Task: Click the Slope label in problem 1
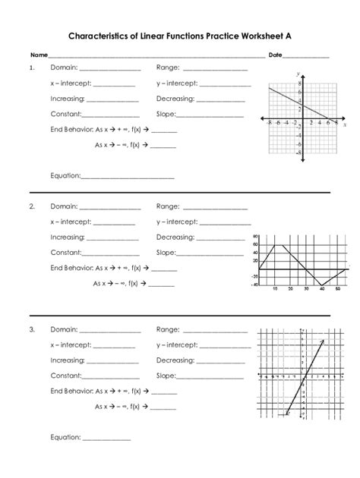click(166, 115)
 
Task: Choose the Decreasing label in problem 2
click(176, 237)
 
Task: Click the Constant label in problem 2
click(66, 252)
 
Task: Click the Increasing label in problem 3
click(68, 360)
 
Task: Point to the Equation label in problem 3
click(65, 437)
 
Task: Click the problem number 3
click(33, 330)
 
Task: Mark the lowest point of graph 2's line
click(322, 285)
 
